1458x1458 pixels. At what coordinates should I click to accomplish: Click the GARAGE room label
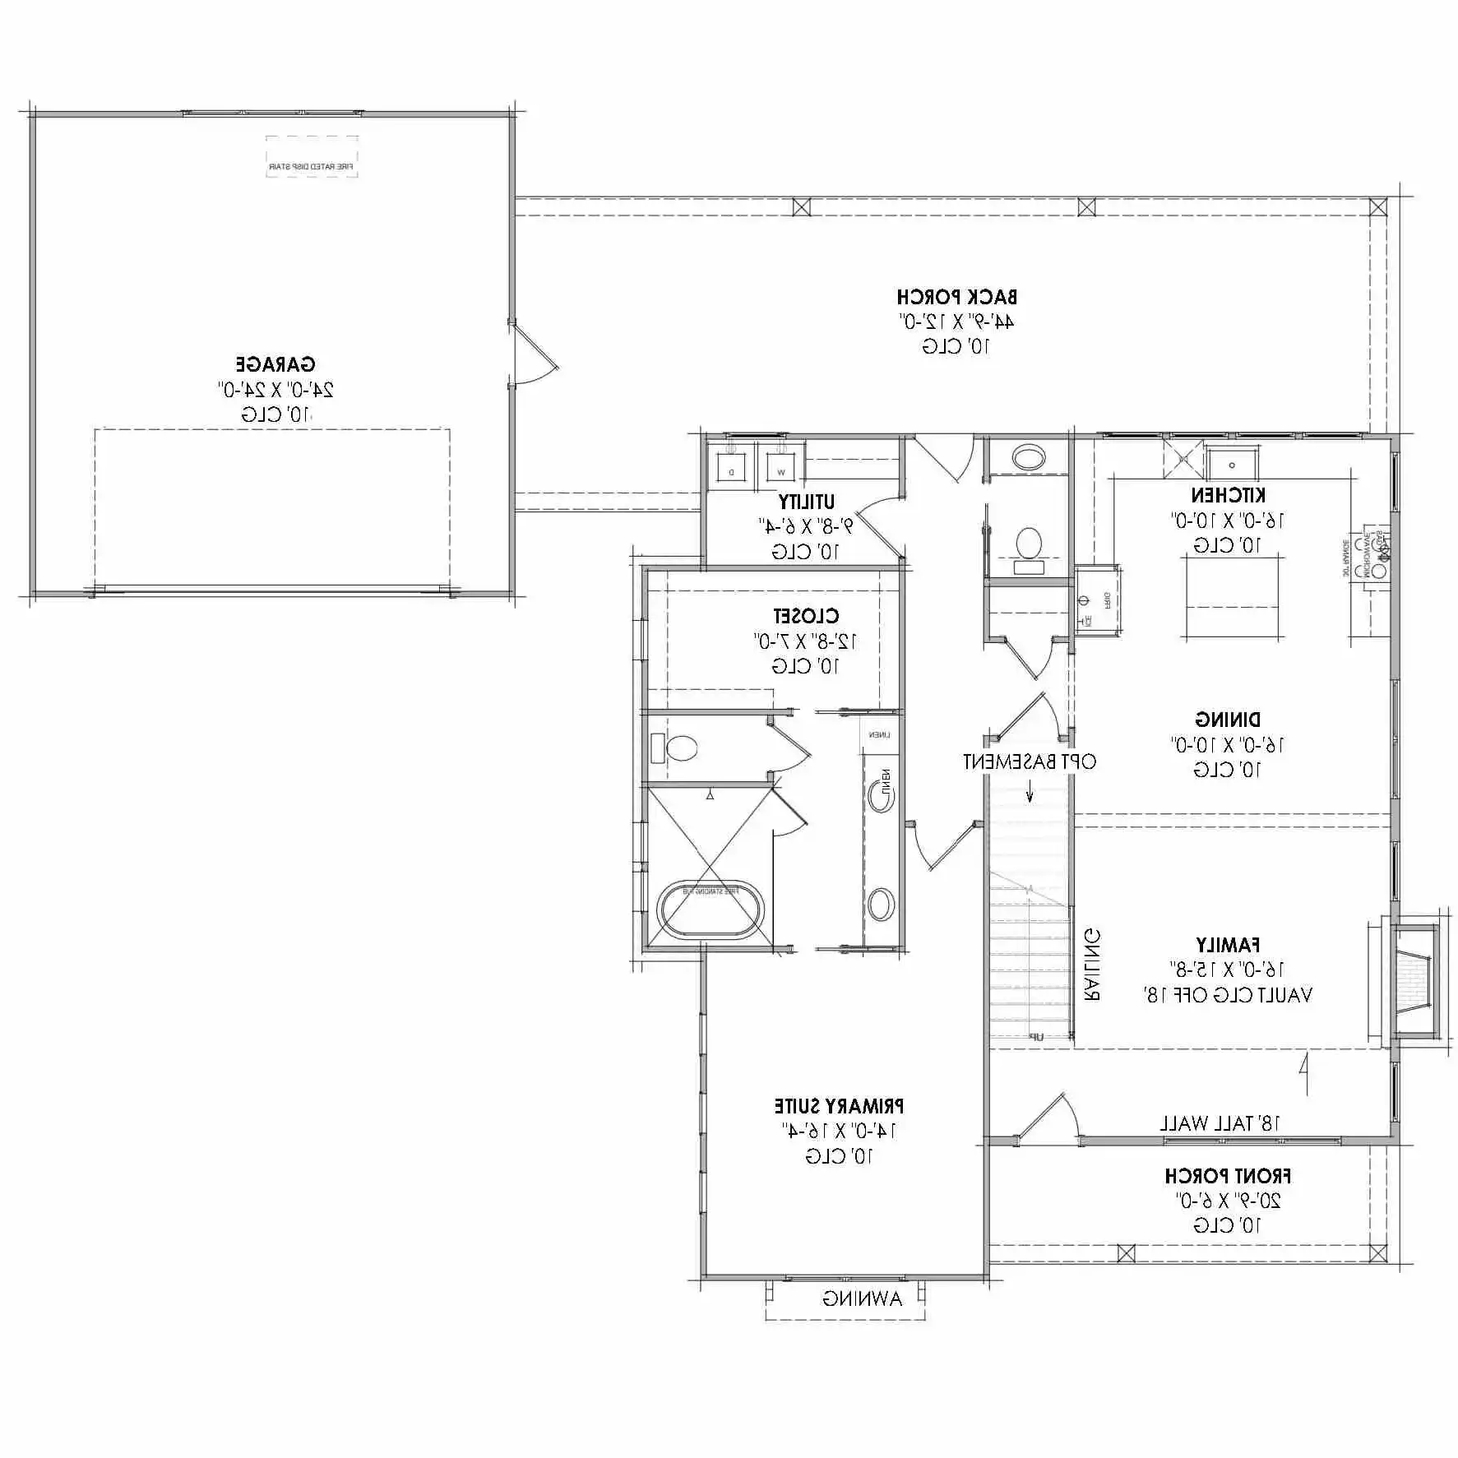tap(275, 364)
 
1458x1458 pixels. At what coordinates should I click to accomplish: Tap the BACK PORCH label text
tap(956, 297)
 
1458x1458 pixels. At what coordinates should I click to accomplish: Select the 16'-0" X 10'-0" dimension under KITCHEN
tap(1226, 521)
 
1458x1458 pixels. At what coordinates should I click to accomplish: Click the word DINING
tap(1227, 720)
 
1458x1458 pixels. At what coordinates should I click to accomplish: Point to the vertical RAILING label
tap(1092, 965)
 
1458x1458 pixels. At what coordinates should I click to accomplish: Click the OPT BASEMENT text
tap(1030, 762)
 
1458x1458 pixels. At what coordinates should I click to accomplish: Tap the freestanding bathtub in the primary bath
tap(711, 910)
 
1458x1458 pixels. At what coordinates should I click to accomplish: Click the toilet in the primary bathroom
tap(679, 748)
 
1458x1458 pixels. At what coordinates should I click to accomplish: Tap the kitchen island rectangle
tap(1232, 596)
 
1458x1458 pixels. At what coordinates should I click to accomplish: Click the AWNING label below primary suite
tap(862, 1299)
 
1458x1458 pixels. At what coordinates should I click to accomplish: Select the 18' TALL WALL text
tap(1220, 1123)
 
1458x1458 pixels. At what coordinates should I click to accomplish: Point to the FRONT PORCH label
tap(1227, 1177)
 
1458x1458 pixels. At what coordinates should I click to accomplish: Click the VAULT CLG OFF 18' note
tap(1227, 996)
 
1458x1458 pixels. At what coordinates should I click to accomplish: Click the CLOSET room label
tap(805, 616)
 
